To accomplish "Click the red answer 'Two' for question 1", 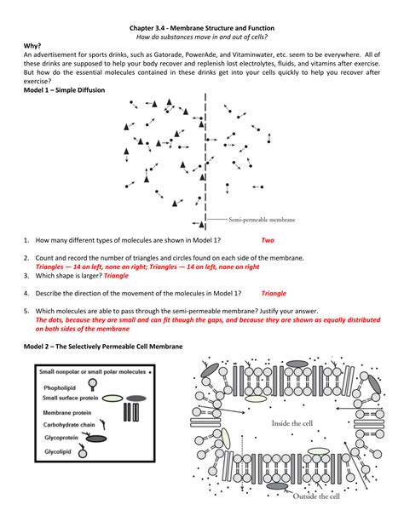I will [268, 240].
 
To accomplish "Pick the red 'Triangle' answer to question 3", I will [116, 276].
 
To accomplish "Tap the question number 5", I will [27, 311].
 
